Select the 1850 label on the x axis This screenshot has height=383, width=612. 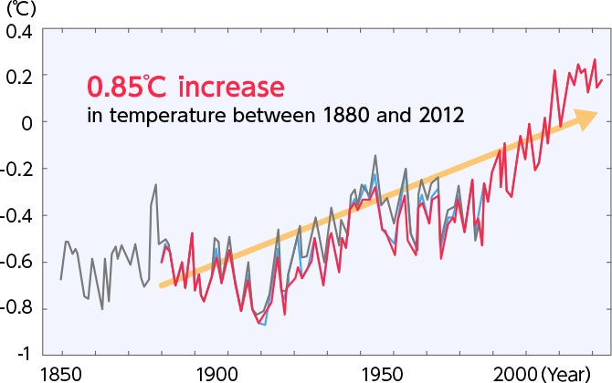pos(61,373)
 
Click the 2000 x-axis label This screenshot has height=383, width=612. pos(517,373)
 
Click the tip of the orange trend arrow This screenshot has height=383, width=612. pos(597,114)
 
